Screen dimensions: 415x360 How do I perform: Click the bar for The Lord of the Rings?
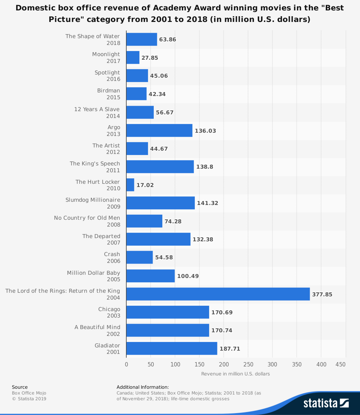tap(218, 294)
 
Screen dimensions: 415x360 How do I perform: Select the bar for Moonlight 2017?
tap(133, 58)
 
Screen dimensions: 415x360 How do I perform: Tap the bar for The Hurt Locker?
tap(130, 185)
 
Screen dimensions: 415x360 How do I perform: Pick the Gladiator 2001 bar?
tap(172, 348)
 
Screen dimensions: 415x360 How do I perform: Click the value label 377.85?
tap(322, 295)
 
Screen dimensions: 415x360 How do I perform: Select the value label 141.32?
tap(207, 203)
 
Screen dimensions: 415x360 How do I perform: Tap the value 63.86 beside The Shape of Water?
tap(167, 40)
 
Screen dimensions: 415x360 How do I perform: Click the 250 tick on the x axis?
tap(248, 364)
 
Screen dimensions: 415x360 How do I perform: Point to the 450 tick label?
tap(341, 364)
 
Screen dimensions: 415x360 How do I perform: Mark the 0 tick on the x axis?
tap(126, 364)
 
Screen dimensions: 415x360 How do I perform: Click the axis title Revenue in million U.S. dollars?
tap(235, 374)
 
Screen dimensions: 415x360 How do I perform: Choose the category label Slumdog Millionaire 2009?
tap(93, 203)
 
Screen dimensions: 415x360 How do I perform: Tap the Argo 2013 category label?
tap(114, 131)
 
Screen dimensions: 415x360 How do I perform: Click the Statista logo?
tap(326, 403)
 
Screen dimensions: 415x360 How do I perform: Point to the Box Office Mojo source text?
tap(29, 393)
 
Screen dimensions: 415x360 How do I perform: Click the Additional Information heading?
tap(143, 387)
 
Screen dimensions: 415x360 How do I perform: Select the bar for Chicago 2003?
tap(167, 312)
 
